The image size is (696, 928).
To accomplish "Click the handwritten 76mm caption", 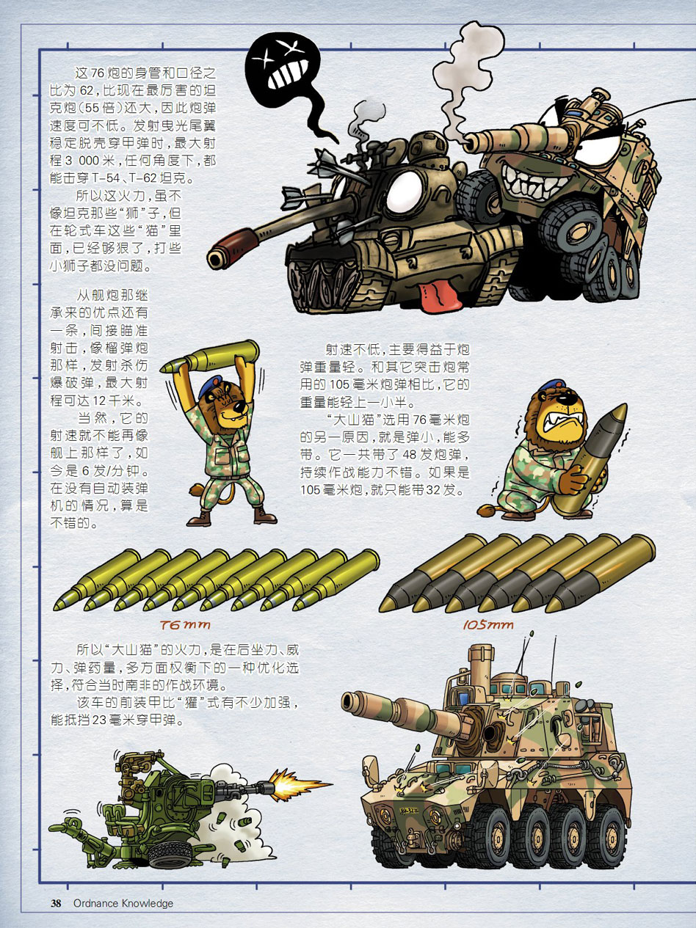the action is coord(185,625).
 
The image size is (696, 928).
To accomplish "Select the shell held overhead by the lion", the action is coord(209,357).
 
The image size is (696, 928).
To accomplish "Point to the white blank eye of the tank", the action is coord(404,192).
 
